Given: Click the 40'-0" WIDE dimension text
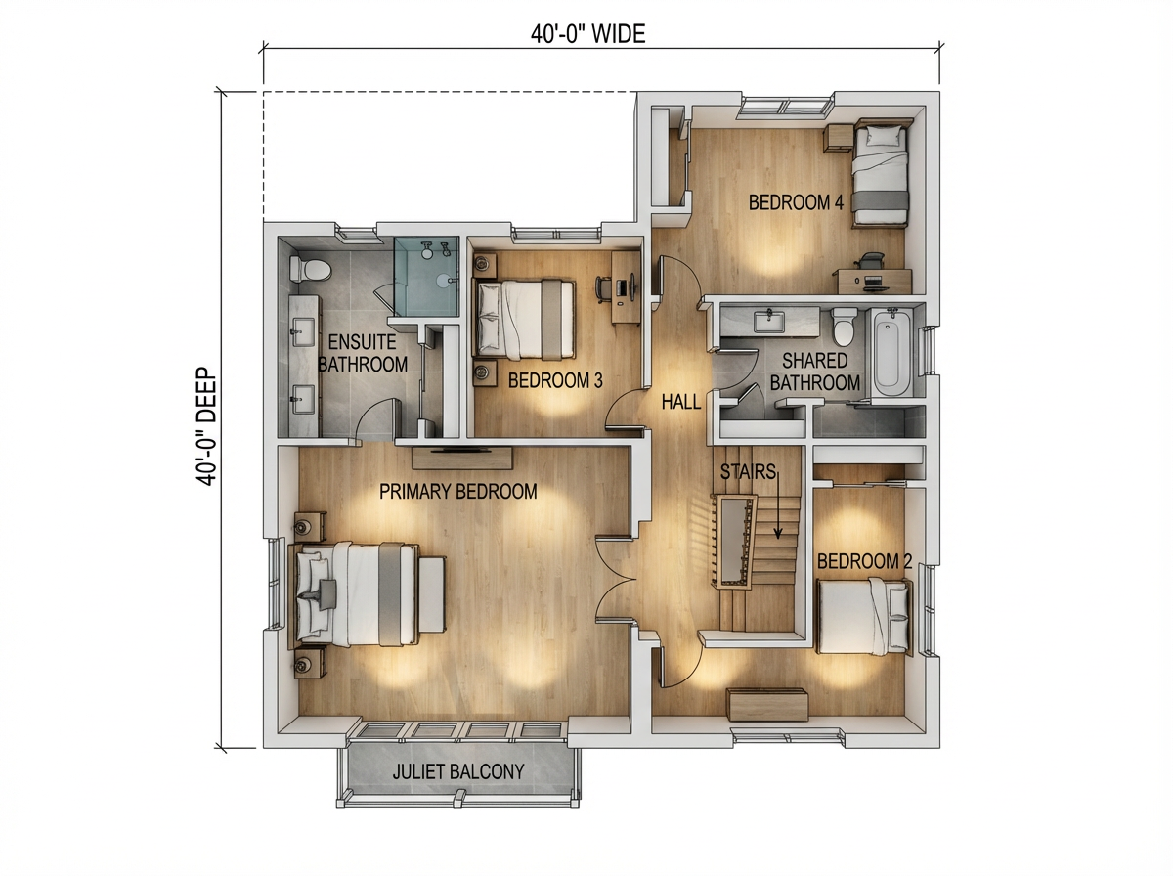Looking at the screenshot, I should (x=587, y=35).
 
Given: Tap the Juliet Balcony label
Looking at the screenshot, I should (x=458, y=771).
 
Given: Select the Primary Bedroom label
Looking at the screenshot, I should (x=458, y=492).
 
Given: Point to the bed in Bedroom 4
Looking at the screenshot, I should (x=880, y=175).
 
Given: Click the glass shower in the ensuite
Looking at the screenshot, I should (x=426, y=277).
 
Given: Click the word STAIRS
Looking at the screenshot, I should (x=748, y=471).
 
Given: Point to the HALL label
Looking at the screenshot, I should (x=680, y=401).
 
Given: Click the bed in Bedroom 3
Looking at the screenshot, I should (x=524, y=318).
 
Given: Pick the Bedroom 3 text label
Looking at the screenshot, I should (x=555, y=380).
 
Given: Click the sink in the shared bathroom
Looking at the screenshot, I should (x=769, y=318).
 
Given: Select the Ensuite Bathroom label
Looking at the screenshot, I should (x=362, y=353).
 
